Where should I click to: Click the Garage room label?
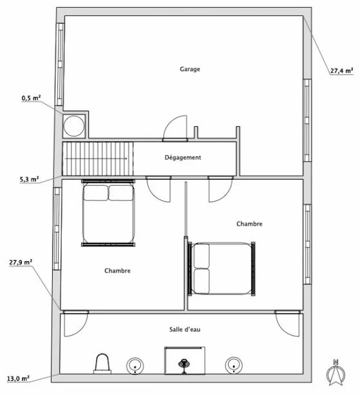(190, 69)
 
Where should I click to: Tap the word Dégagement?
(183, 158)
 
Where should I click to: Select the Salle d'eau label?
(185, 329)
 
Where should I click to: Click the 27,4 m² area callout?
(341, 71)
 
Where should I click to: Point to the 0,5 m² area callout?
(31, 98)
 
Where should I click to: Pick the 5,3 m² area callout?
(29, 179)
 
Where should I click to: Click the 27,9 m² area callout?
(21, 262)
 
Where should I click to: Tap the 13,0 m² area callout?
(18, 378)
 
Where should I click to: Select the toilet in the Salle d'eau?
(102, 364)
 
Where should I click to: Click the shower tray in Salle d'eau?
(185, 360)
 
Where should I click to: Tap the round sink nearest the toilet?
(135, 365)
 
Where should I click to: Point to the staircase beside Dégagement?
(98, 159)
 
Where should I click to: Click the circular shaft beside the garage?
(74, 126)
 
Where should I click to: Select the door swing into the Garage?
(175, 128)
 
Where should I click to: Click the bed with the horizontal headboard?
(108, 213)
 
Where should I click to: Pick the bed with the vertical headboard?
(222, 269)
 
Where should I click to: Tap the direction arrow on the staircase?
(96, 159)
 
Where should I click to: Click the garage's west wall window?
(60, 64)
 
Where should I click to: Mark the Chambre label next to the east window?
(249, 224)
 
